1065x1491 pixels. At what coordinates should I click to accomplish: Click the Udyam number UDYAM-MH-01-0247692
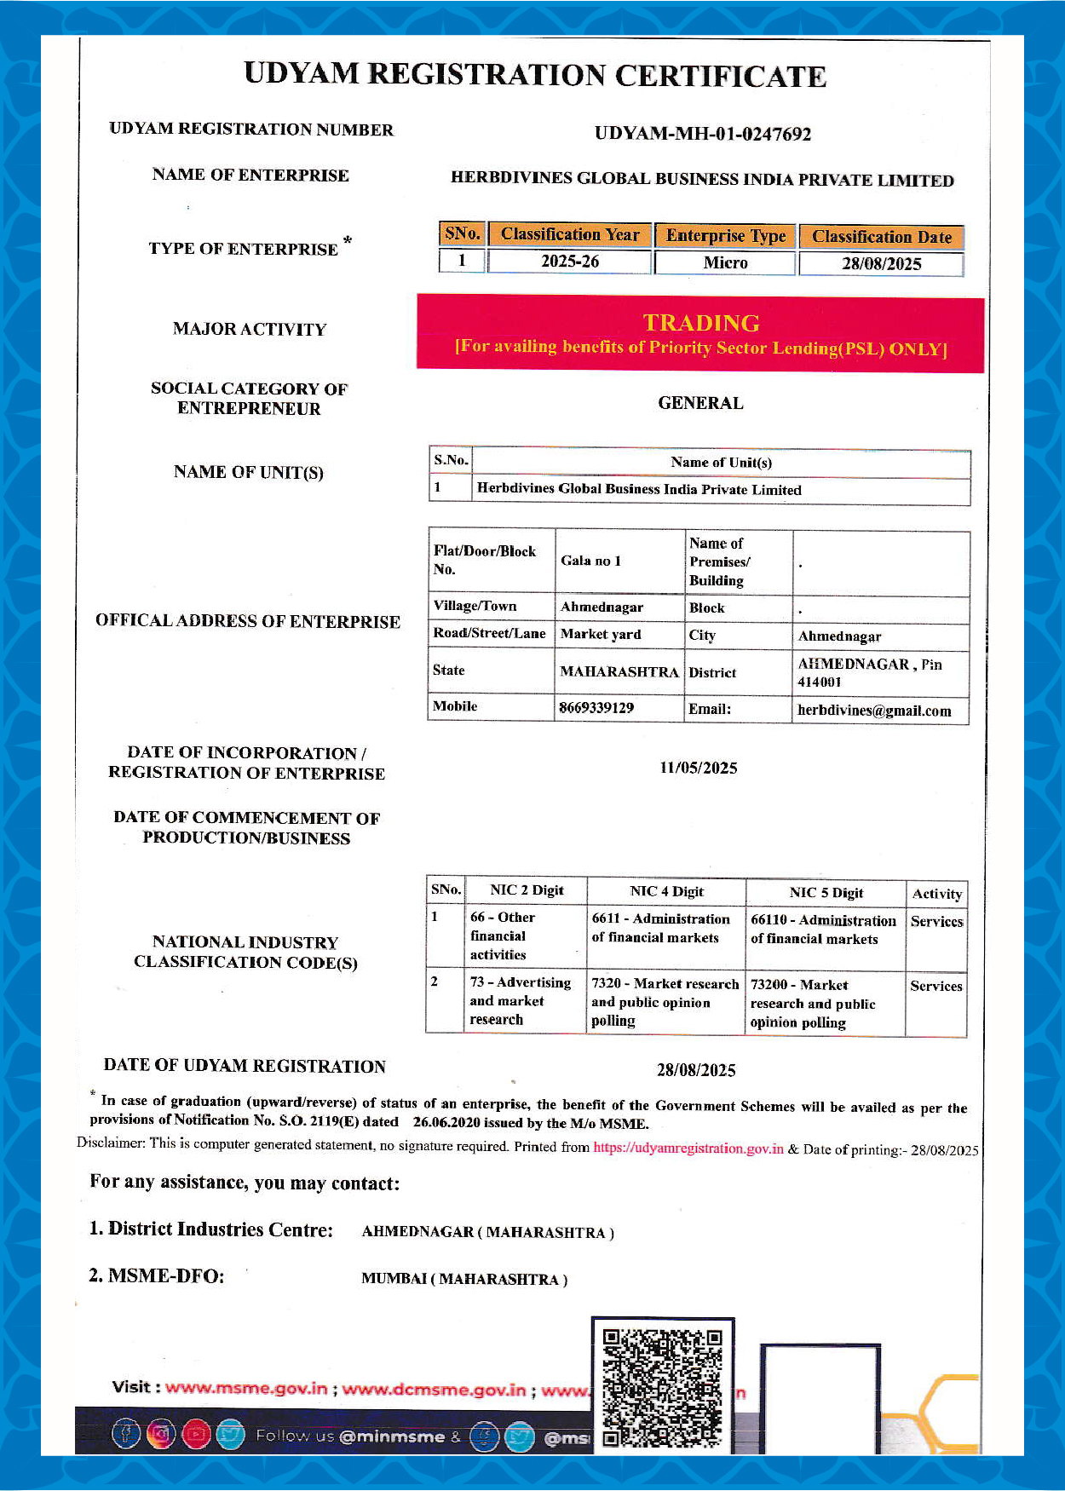(x=702, y=134)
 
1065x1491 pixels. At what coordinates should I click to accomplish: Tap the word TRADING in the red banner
(x=700, y=323)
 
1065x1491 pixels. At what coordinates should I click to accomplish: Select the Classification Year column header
(x=569, y=234)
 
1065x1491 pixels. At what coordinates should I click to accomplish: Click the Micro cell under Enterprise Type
(x=725, y=262)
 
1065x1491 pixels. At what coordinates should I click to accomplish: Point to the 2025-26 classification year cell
(x=569, y=262)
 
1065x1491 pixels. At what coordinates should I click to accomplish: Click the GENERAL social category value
(x=700, y=403)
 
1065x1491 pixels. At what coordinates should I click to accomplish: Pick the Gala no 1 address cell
(x=590, y=561)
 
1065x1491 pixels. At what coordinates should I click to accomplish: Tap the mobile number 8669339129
(x=596, y=708)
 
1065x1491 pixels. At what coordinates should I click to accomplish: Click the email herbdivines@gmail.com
(x=874, y=711)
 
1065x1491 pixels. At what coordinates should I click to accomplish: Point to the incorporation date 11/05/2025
(x=698, y=768)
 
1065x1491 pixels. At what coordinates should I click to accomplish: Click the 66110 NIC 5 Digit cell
(x=823, y=930)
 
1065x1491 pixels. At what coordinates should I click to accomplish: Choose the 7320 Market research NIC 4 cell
(x=665, y=1002)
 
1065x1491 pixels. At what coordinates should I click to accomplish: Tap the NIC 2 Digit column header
(x=527, y=890)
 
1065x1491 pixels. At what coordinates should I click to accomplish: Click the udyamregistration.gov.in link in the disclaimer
(x=688, y=1148)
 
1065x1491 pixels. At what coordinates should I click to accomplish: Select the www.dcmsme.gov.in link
(x=434, y=1390)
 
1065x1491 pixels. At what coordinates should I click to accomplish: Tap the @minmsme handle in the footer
(x=392, y=1436)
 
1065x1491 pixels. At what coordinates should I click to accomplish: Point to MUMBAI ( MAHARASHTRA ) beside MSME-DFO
(x=464, y=1279)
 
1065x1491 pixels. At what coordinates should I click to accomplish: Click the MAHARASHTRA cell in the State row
(x=619, y=671)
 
